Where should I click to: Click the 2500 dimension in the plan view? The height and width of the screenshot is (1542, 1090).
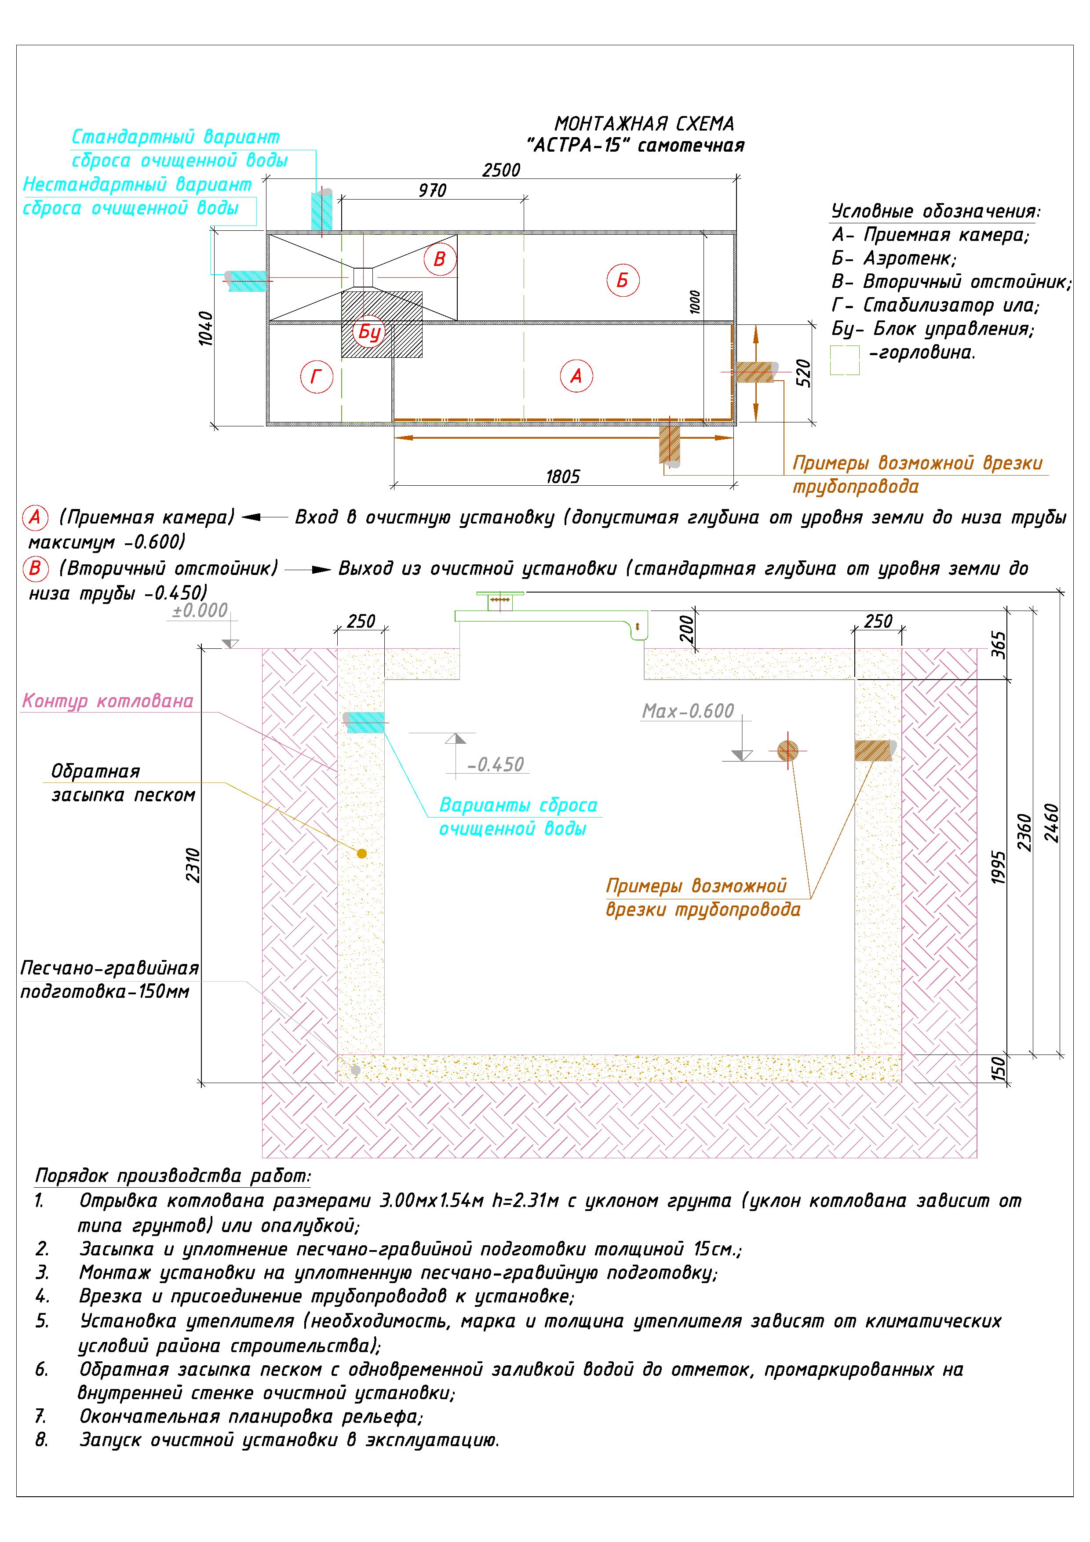(501, 170)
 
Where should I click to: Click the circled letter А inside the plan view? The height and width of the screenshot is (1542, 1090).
(576, 376)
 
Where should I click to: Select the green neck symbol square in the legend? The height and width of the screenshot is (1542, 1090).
(844, 360)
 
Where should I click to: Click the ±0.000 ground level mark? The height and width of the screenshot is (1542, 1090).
(200, 611)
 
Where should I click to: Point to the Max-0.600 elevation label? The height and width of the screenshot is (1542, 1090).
(688, 711)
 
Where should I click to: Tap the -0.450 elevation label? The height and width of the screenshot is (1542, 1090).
(496, 764)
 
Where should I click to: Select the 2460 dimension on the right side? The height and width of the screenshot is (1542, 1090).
(1051, 823)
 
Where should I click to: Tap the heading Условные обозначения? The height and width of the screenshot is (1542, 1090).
(936, 211)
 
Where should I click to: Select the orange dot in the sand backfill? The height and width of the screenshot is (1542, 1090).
(362, 854)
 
